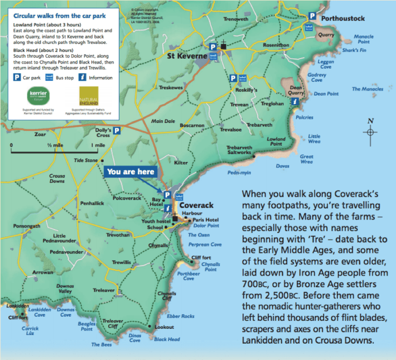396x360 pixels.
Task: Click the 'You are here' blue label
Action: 131,172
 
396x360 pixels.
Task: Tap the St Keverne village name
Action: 186,55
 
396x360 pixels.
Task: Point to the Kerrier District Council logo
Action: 37,99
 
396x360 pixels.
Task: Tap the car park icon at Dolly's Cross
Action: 117,131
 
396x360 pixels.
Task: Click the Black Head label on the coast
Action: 167,339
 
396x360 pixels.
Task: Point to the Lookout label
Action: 164,327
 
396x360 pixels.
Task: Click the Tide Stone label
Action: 86,160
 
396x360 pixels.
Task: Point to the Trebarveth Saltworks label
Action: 239,150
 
